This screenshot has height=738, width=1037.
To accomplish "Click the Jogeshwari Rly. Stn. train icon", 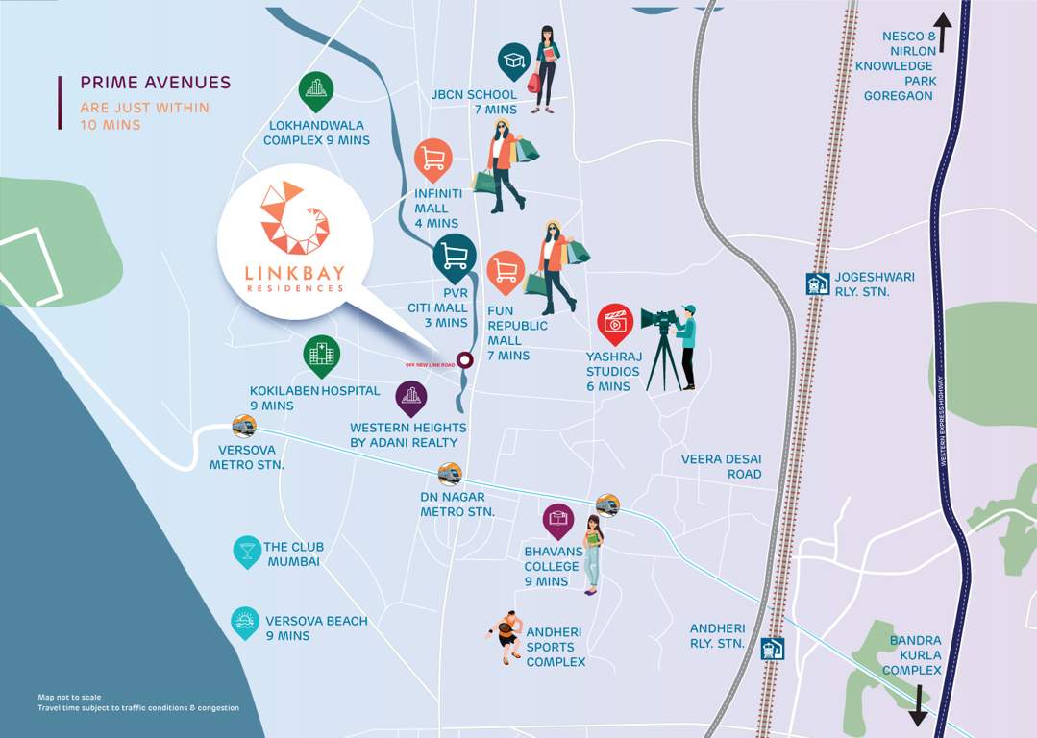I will point(817,284).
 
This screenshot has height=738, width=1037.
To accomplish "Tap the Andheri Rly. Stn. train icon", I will point(773,649).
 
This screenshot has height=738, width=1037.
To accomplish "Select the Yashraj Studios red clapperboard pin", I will point(615,323).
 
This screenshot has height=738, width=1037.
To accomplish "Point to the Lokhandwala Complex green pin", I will point(315,92).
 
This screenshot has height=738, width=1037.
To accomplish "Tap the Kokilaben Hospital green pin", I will point(322,356).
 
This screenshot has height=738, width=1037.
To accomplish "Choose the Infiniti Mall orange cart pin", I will point(433,160).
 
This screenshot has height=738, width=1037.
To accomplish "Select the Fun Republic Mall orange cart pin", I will point(506,272).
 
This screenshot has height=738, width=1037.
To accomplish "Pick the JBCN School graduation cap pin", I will point(514,61).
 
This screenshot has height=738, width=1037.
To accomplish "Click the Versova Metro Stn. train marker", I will point(244,426).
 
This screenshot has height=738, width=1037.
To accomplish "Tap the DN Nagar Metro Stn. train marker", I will point(450,474).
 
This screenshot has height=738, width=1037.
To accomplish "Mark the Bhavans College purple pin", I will point(558,522).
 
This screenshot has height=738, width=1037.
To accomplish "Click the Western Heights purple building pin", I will point(411,397).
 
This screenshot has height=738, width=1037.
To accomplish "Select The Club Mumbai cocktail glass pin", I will point(247,551).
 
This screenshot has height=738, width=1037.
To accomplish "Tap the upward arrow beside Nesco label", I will point(942,33).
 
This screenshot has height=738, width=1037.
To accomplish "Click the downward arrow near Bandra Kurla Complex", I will point(918,705).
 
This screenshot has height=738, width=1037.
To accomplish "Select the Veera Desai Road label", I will point(722,466).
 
